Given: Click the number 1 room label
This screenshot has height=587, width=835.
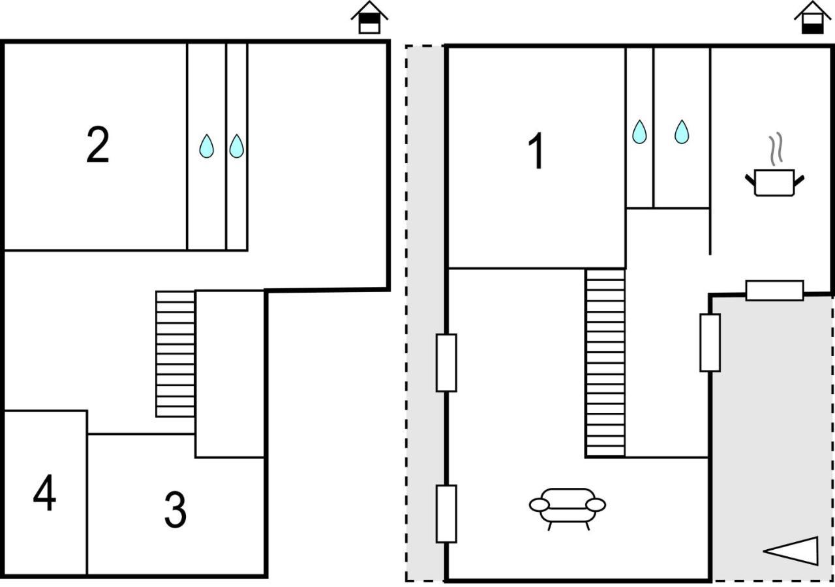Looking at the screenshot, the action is (536, 151).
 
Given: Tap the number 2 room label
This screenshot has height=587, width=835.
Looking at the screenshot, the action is (98, 145).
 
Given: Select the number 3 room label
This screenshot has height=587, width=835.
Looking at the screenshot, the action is (175, 509).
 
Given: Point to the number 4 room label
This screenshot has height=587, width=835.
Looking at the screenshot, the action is (45, 492).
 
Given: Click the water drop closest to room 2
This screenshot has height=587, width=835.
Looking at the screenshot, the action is (207, 146).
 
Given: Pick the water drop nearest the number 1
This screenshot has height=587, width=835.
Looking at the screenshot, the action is (640, 132).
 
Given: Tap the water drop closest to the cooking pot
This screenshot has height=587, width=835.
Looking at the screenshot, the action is (682, 132).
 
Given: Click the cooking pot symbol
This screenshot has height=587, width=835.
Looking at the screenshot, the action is (774, 182).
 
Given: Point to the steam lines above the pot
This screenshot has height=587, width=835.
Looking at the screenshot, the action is (776, 149).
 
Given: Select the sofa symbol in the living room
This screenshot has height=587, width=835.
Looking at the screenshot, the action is (568, 509).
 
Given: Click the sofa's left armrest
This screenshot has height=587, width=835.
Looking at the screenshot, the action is (539, 505).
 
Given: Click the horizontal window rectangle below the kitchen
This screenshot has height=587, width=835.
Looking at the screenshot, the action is (774, 291).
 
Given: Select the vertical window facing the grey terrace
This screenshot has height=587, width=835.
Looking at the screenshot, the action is (710, 343).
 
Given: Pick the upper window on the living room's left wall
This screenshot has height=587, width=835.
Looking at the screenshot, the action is (447, 363).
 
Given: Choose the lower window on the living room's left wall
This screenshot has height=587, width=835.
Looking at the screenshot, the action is (447, 514).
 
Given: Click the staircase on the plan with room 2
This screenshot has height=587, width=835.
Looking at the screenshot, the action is (175, 354).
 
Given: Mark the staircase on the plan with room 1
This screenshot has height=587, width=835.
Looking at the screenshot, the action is (605, 363).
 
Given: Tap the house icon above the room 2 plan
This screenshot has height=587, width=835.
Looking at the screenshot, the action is (369, 18).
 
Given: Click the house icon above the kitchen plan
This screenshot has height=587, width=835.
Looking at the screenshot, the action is (813, 18).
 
